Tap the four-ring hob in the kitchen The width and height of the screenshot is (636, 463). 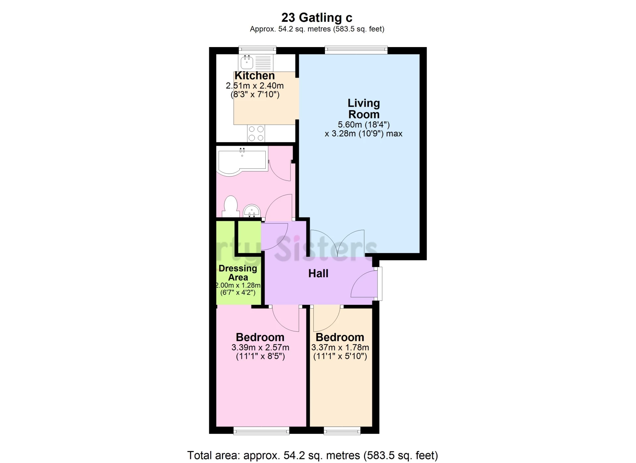pos(256,133)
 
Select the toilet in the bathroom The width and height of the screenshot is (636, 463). pos(231,206)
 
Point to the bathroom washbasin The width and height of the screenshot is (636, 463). pos(252,211)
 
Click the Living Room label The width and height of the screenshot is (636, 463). pos(363,109)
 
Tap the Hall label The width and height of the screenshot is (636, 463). pos(318,274)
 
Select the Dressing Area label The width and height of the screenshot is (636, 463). pos(238,273)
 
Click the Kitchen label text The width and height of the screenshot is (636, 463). pos(254,76)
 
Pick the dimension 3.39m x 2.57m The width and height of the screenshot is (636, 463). pos(260,348)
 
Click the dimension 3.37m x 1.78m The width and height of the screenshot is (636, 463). pos(340,348)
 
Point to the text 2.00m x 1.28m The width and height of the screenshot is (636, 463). pos(238,285)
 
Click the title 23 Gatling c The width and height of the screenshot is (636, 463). pos(317,17)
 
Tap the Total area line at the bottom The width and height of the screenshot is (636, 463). pos(312,455)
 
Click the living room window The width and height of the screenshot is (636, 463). pos(356,50)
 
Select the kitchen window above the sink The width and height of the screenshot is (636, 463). pos(257,50)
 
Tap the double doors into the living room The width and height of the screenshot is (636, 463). pos(337,244)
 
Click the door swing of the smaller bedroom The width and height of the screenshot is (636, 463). pos(326,318)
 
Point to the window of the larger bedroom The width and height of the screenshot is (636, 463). pos(261,431)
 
